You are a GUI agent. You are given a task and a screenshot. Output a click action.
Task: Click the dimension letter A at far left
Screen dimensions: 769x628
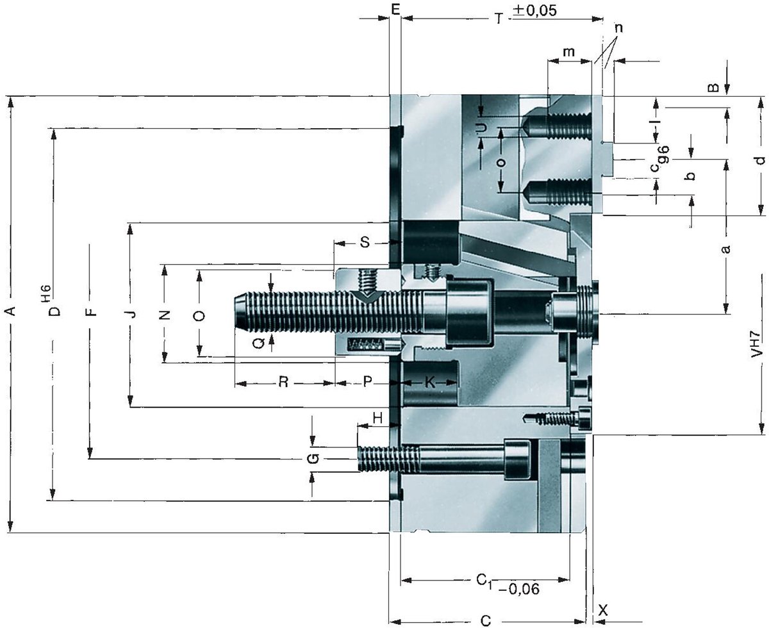(12, 311)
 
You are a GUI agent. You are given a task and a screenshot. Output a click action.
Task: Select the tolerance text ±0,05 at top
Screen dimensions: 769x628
(534, 10)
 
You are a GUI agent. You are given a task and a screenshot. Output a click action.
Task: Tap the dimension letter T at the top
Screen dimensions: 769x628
(499, 19)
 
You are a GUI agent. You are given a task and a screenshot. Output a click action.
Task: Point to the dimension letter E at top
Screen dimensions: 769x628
(395, 10)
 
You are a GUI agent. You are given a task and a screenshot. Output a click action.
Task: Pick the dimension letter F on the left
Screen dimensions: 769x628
(93, 311)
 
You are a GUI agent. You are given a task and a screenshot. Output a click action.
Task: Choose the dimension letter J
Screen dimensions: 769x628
(132, 313)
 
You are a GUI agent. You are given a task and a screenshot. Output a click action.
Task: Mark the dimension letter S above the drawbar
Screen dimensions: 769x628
(365, 242)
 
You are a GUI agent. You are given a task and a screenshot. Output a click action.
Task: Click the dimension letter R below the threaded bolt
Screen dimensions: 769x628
(283, 382)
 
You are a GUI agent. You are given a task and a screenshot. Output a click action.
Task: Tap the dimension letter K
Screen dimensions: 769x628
(430, 382)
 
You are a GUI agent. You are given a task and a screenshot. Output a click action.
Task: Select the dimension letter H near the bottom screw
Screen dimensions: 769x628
(377, 418)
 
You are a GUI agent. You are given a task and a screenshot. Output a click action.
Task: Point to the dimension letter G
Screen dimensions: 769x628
(313, 458)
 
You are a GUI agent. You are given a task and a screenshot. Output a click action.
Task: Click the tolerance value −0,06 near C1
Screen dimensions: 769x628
(518, 589)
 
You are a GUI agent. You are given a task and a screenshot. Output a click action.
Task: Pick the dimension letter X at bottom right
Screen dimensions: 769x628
(603, 610)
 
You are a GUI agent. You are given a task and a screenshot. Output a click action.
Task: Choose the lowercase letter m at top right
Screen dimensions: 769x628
(569, 52)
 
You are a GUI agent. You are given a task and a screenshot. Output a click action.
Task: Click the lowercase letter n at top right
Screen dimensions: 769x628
(618, 28)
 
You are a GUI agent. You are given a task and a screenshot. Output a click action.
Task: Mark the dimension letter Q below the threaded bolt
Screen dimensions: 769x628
(258, 343)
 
